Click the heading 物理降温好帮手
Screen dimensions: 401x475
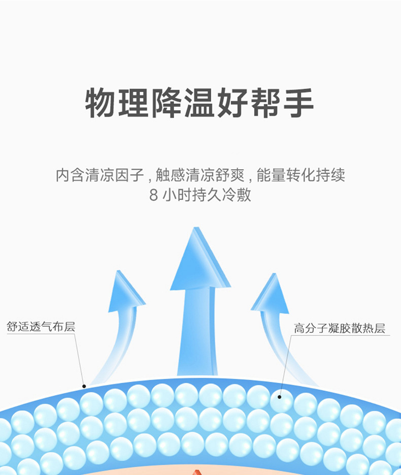[x=199, y=103]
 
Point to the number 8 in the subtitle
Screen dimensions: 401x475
[x=154, y=196]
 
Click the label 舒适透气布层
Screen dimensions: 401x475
[x=41, y=327]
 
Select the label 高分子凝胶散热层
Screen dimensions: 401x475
[x=340, y=328]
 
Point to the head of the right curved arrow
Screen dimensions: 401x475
[x=271, y=295]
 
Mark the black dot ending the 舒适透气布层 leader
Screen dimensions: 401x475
[x=84, y=387]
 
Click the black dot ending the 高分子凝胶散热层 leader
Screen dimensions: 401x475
[x=280, y=397]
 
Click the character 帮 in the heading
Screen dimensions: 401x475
[x=265, y=103]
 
